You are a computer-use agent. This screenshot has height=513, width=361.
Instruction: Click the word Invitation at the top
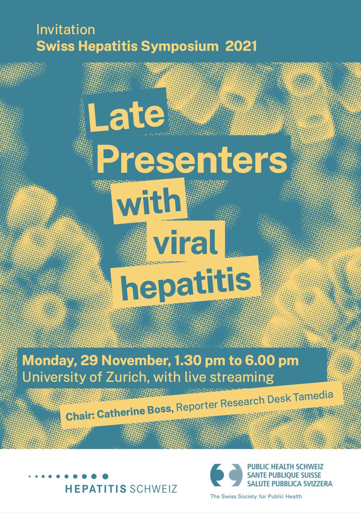(65, 30)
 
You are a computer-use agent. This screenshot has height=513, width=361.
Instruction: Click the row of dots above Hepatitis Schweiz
(68, 476)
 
